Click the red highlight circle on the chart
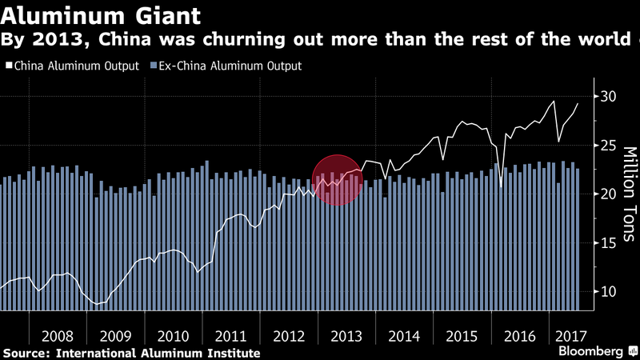pos(337,179)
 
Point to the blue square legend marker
pos(151,66)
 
